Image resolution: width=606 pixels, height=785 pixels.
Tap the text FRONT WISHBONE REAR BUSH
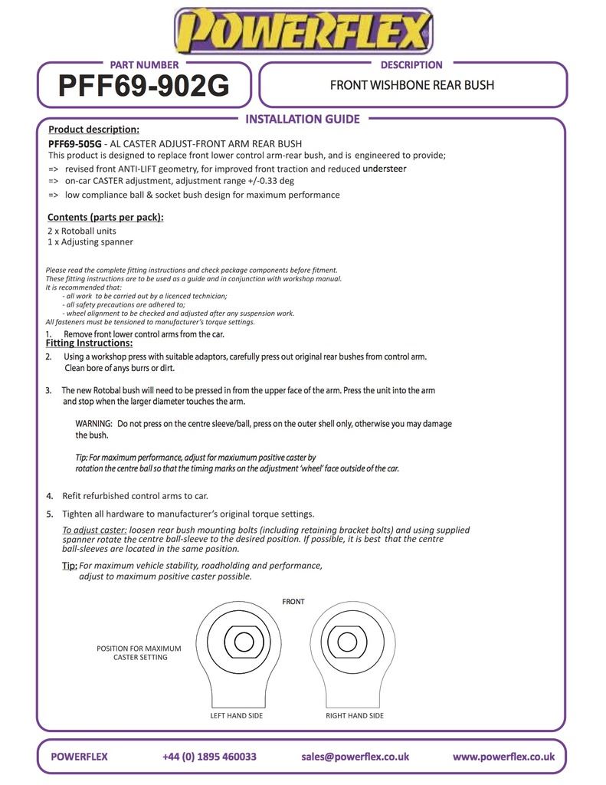(412, 84)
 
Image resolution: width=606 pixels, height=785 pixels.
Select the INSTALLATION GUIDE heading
(302, 119)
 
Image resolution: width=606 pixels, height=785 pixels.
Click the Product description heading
(93, 129)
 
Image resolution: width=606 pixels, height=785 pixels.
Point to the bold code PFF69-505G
(74, 143)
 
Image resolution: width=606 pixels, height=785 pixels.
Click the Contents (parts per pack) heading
(105, 217)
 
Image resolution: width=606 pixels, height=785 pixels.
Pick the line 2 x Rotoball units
(82, 230)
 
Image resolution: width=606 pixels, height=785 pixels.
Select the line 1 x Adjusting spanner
(90, 241)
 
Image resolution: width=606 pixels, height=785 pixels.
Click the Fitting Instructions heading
(89, 343)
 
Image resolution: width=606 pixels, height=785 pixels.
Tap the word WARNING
(93, 423)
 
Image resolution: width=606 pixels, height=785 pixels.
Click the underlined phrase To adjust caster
(94, 530)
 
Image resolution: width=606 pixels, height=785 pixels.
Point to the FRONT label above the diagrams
(293, 602)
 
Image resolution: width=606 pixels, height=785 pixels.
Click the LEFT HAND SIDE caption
(237, 715)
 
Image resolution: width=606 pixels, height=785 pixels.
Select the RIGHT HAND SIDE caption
(355, 715)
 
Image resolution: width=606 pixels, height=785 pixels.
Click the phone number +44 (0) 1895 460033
(209, 757)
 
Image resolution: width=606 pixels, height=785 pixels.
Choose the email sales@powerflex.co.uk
(355, 757)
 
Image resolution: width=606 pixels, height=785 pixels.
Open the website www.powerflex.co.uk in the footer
(503, 757)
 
